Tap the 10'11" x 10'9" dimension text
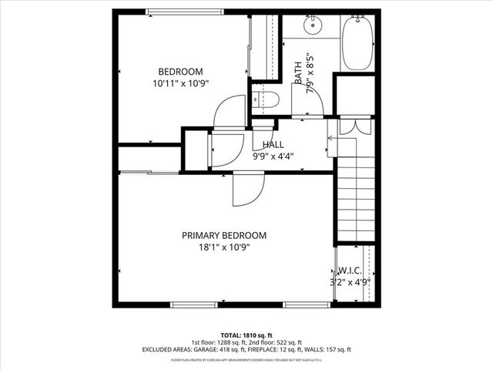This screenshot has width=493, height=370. click(x=181, y=82)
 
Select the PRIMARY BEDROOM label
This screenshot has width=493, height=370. click(x=224, y=236)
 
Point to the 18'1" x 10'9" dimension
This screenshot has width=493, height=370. click(x=224, y=247)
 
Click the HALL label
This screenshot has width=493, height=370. click(x=273, y=144)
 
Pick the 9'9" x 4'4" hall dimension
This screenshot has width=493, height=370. click(x=273, y=155)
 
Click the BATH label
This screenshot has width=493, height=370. click(x=299, y=72)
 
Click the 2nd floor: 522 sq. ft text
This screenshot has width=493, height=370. click(x=273, y=342)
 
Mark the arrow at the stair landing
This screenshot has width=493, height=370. click(x=331, y=139)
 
